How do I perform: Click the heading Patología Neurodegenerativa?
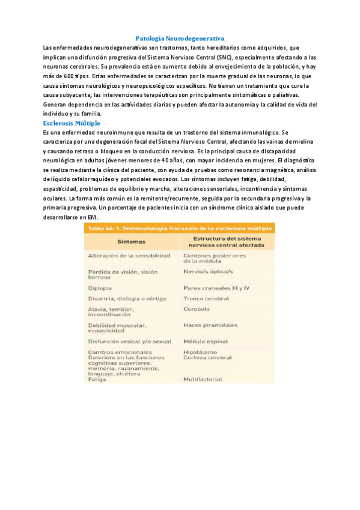tap(180, 38)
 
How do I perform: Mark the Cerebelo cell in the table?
tap(197, 309)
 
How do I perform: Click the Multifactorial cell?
tap(203, 379)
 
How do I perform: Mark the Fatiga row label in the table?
tap(97, 379)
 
